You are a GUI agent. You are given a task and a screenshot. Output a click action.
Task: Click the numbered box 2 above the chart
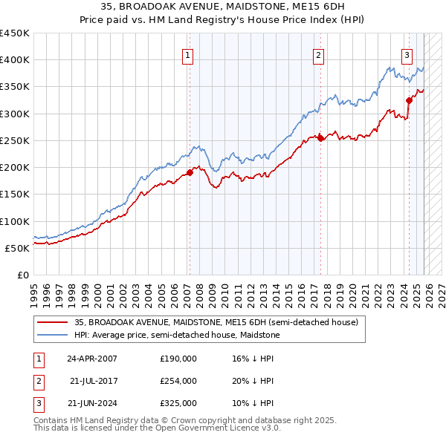pyautogui.click(x=318, y=54)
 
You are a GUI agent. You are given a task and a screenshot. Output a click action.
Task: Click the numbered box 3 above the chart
pyautogui.click(x=407, y=54)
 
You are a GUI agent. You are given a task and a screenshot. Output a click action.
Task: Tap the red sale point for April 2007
pyautogui.click(x=190, y=172)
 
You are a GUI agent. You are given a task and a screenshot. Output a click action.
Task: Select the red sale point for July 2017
pyautogui.click(x=320, y=138)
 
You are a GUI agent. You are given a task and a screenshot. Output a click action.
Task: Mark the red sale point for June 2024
pyautogui.click(x=409, y=100)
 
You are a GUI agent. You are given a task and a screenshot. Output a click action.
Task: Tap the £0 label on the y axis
pyautogui.click(x=22, y=275)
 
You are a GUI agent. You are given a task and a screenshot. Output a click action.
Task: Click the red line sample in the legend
pyautogui.click(x=52, y=322)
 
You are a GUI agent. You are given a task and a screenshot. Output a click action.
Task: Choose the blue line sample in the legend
pyautogui.click(x=52, y=335)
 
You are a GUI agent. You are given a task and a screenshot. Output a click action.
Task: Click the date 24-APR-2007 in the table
pyautogui.click(x=91, y=358)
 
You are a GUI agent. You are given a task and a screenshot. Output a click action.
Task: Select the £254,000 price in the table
pyautogui.click(x=178, y=381)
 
